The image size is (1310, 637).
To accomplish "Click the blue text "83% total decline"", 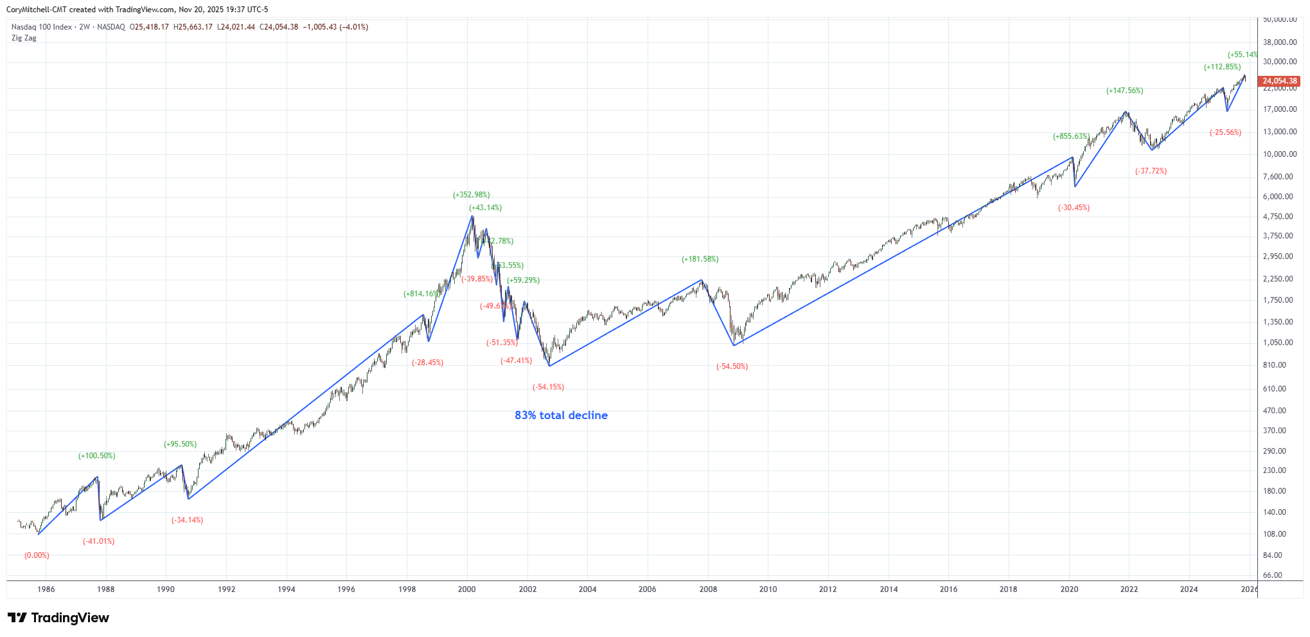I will click(561, 415).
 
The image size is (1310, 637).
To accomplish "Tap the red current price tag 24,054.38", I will click(1280, 81).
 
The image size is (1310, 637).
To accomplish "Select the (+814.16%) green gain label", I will click(421, 294).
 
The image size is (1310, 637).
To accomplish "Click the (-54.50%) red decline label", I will click(732, 366).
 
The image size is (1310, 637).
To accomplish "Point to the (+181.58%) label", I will click(700, 259).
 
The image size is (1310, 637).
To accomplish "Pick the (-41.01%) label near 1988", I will click(98, 541).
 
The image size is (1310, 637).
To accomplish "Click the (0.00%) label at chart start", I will click(37, 555).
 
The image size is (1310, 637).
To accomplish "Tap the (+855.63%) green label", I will click(1070, 136).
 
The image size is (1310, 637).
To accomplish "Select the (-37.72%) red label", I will click(1151, 171).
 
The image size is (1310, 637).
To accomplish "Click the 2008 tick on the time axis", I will click(708, 589).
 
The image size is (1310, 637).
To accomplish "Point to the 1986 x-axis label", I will click(46, 589).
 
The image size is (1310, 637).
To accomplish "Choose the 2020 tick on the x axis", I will click(1069, 589).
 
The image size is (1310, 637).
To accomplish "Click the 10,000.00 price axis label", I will click(1280, 154).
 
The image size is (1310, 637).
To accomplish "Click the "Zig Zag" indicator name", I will click(24, 38).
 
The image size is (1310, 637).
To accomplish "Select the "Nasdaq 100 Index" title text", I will click(42, 27).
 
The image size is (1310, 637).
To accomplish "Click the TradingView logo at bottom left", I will click(58, 618).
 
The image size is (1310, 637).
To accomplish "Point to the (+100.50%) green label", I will click(97, 456).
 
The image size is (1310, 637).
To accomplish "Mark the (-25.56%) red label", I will click(1225, 132).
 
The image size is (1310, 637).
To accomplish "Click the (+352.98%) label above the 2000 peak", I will click(471, 195).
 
